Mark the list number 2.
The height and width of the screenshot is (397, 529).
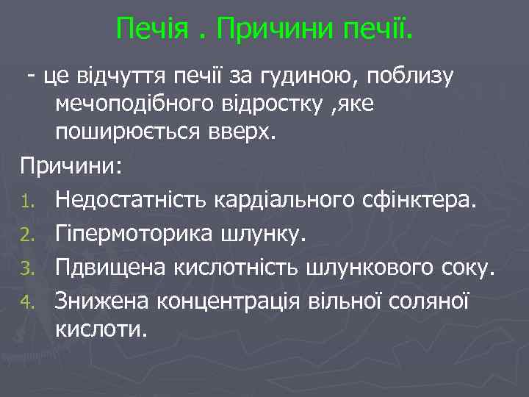[x=27, y=234]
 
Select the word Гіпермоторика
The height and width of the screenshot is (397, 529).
[x=135, y=233]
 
